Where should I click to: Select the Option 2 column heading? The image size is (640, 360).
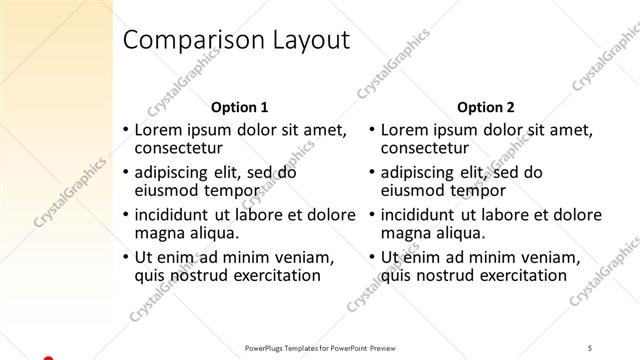[486, 107]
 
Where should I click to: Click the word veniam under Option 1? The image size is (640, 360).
[306, 256]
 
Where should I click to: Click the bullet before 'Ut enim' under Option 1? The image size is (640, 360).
[124, 257]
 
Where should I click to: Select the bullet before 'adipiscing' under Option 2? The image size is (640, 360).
[371, 173]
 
